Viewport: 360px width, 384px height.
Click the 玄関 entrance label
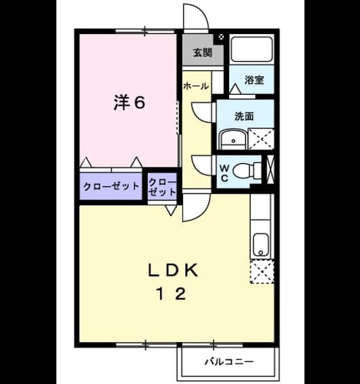point(203,53)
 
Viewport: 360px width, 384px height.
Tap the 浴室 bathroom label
point(254,80)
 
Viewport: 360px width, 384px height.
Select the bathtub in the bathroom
point(252,49)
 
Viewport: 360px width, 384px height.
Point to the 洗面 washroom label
point(244,116)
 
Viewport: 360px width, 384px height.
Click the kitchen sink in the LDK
point(261,245)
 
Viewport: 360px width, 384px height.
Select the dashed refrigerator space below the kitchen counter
point(262,272)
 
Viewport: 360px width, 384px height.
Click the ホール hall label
point(196,86)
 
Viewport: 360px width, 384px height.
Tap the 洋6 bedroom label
point(130,103)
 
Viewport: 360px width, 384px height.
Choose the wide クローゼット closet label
point(111,187)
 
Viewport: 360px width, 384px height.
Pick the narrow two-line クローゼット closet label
point(163,187)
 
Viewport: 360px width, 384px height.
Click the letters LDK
point(173,271)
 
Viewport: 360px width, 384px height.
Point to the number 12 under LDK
point(172,294)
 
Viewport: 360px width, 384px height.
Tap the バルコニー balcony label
point(229,361)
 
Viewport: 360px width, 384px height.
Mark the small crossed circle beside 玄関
point(221,37)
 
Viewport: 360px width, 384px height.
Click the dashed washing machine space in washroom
point(261,139)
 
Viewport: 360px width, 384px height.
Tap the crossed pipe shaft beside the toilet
point(270,169)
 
